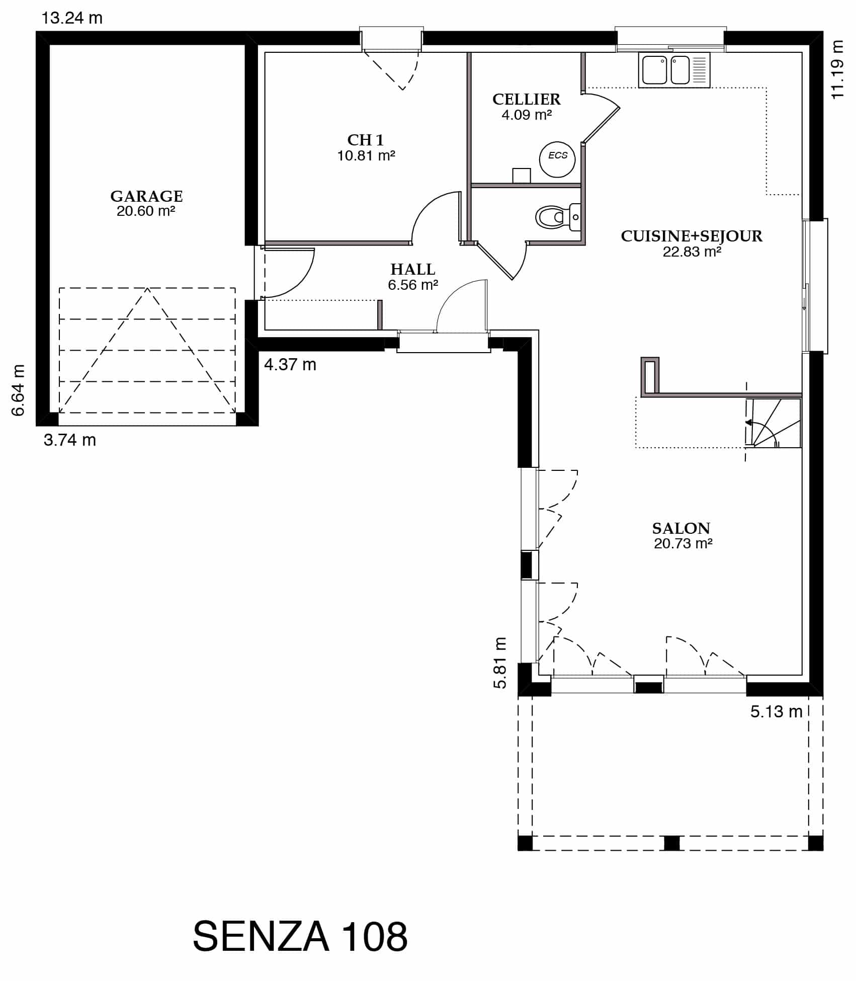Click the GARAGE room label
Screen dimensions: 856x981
tap(146, 196)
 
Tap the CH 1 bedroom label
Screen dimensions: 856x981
tap(366, 140)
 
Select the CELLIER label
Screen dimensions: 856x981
tap(527, 99)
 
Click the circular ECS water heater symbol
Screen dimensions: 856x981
tap(557, 158)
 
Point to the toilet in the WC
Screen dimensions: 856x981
tap(558, 217)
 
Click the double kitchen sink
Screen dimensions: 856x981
tap(674, 70)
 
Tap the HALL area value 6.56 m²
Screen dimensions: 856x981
tap(413, 285)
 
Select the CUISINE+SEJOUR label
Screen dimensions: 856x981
tap(692, 236)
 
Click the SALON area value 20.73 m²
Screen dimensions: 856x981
tap(683, 543)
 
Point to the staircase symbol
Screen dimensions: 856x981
tap(774, 423)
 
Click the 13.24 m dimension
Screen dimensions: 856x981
tap(72, 18)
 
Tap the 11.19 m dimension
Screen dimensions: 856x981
tap(837, 70)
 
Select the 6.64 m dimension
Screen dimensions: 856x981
tap(18, 390)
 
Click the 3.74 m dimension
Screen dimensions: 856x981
tap(70, 440)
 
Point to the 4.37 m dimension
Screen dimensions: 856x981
tap(290, 364)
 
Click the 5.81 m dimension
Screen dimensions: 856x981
tap(500, 663)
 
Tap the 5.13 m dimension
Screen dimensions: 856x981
tap(777, 711)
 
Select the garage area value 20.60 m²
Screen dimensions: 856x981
tap(146, 211)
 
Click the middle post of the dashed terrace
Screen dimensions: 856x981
tap(671, 843)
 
